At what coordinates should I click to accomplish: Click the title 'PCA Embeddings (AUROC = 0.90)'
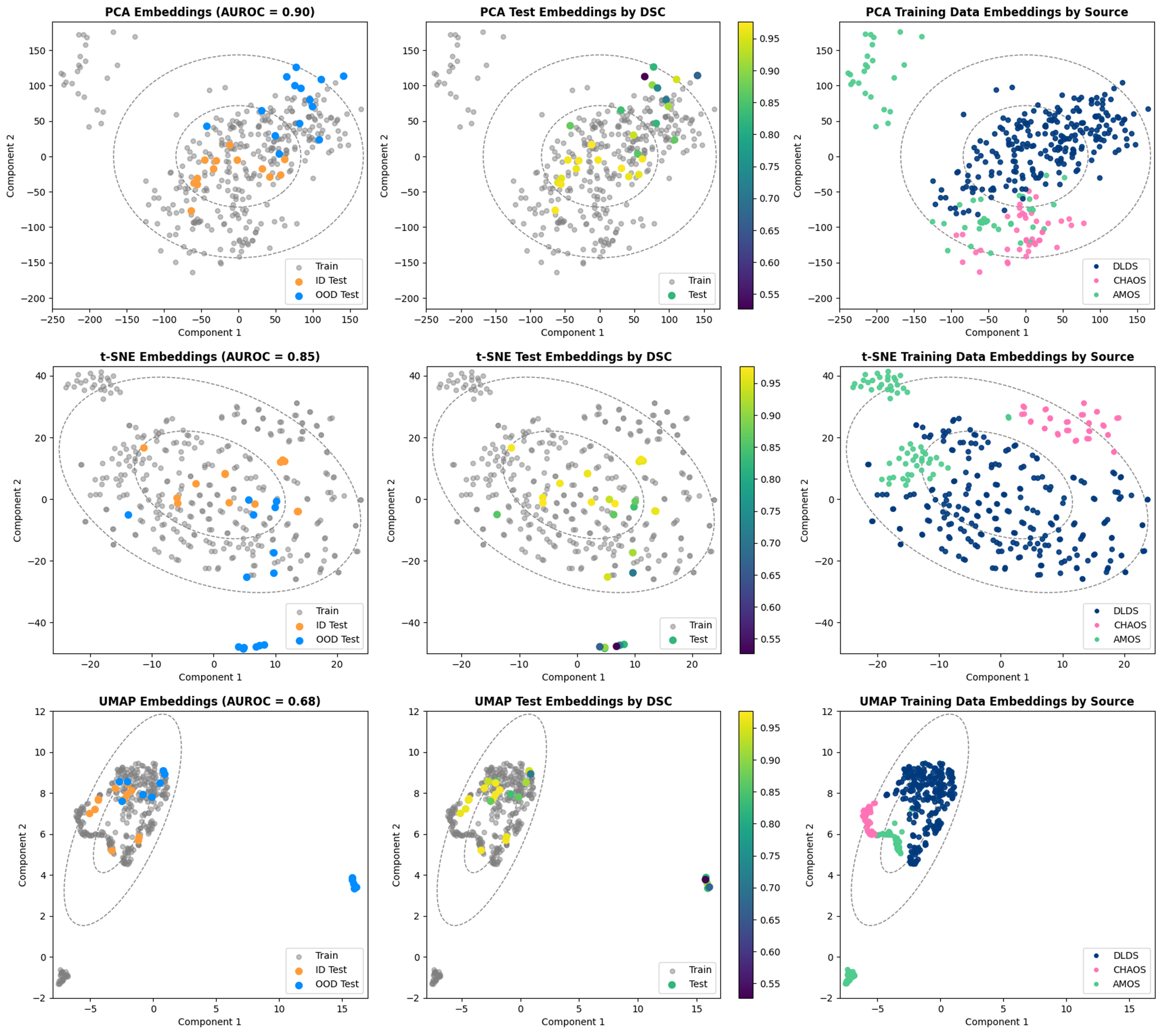(210, 12)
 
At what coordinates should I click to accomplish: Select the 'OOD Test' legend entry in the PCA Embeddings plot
(336, 295)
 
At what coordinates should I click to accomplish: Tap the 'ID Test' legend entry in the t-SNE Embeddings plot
(331, 625)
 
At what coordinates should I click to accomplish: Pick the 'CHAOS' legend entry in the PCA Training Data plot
(1129, 280)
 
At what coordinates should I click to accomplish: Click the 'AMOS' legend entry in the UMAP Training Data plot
(1126, 983)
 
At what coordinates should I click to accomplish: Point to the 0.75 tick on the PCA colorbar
(769, 167)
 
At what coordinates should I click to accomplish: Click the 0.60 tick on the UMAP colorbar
(769, 952)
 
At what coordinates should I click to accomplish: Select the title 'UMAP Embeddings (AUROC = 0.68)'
(210, 701)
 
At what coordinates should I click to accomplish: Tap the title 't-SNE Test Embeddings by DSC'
(573, 357)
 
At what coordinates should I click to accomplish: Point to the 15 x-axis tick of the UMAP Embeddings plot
(342, 1009)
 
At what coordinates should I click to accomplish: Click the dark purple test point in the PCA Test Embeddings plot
(644, 76)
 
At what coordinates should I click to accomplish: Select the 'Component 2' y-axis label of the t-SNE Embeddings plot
(17, 510)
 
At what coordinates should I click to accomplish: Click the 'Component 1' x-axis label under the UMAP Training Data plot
(996, 1021)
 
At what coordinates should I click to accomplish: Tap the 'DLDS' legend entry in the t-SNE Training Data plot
(1125, 611)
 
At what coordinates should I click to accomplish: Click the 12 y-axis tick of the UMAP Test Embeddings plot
(413, 711)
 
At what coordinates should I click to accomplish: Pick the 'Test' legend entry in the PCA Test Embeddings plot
(697, 295)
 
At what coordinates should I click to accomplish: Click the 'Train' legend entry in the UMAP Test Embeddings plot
(699, 970)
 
